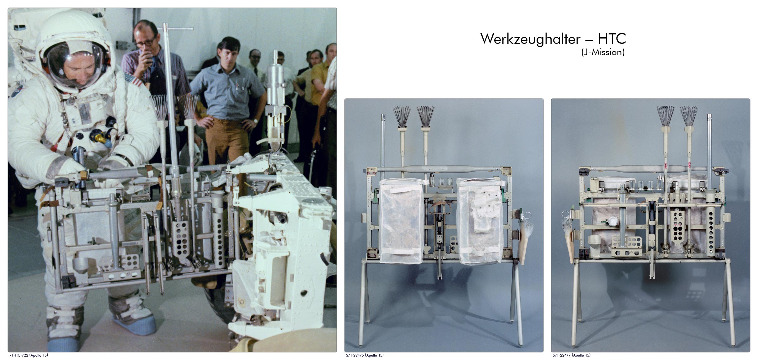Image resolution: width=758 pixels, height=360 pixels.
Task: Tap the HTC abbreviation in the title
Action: pos(612,39)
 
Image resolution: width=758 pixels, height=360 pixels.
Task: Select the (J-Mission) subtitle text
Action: pos(603,52)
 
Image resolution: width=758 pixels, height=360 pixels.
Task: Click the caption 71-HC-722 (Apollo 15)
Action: pos(29,355)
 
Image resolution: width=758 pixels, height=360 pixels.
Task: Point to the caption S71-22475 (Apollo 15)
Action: pos(365,355)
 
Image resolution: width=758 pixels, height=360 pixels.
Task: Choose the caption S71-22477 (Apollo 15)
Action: pos(572,355)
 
